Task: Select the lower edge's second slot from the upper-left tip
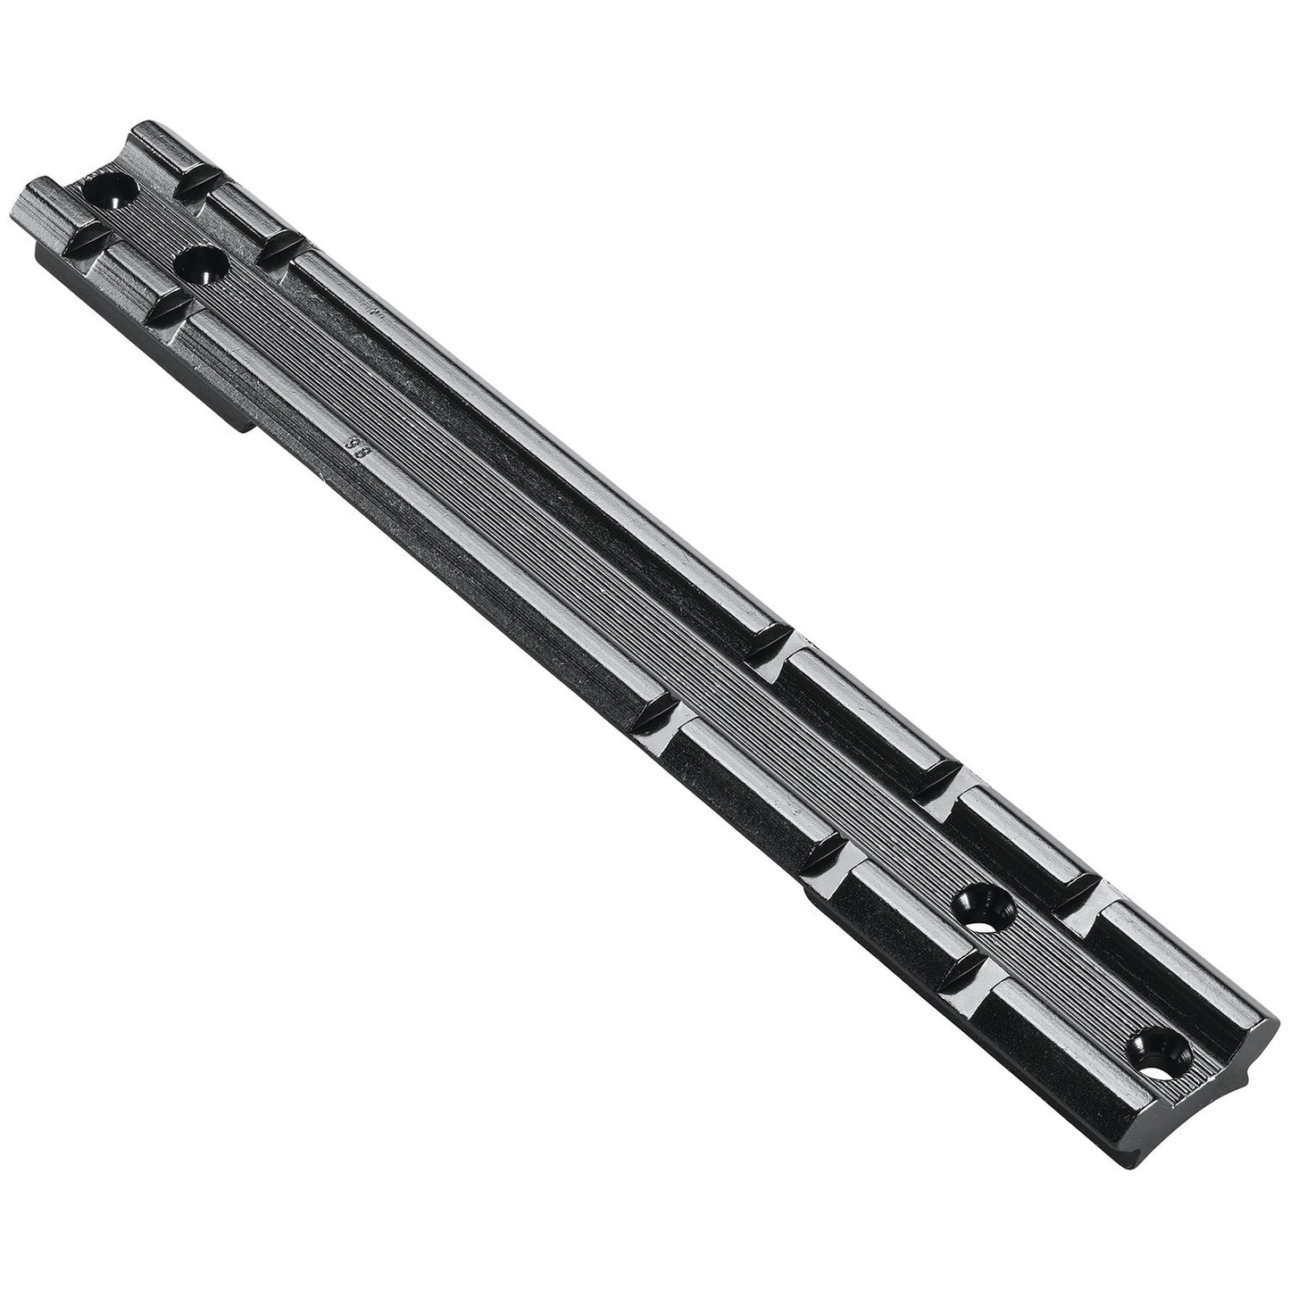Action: pos(170,308)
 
